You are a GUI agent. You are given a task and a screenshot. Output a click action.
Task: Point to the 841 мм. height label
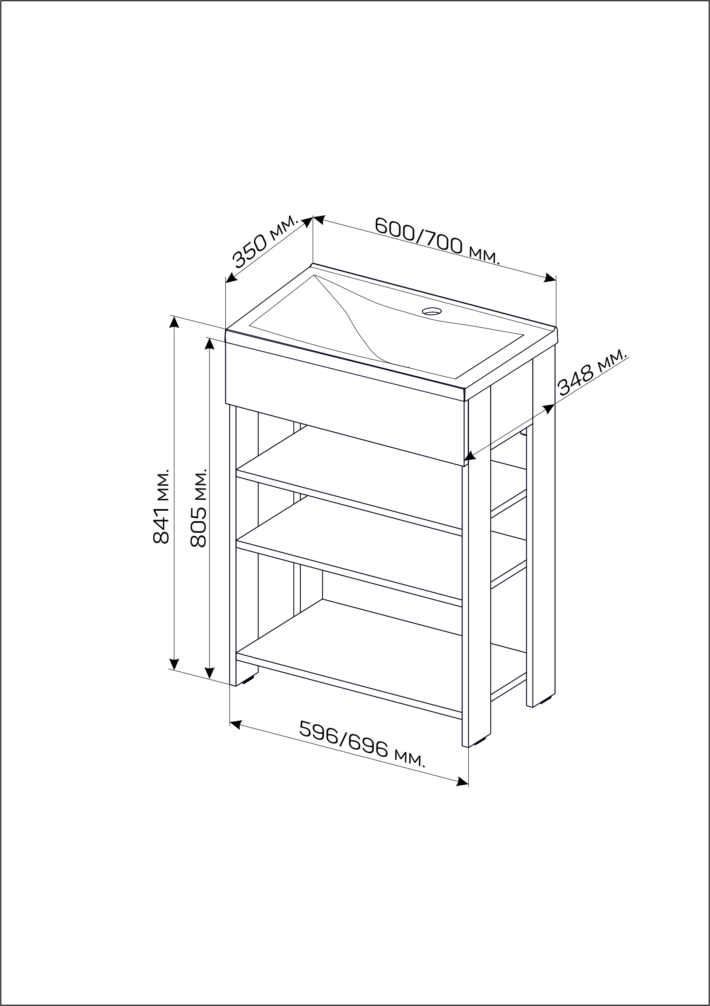point(161,507)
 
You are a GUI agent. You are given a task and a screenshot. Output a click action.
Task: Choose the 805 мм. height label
point(199,508)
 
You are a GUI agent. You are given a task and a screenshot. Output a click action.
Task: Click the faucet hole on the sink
point(432,311)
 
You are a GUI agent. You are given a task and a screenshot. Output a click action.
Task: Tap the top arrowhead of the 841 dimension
point(174,322)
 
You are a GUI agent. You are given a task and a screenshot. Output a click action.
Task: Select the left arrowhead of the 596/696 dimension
point(235,725)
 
